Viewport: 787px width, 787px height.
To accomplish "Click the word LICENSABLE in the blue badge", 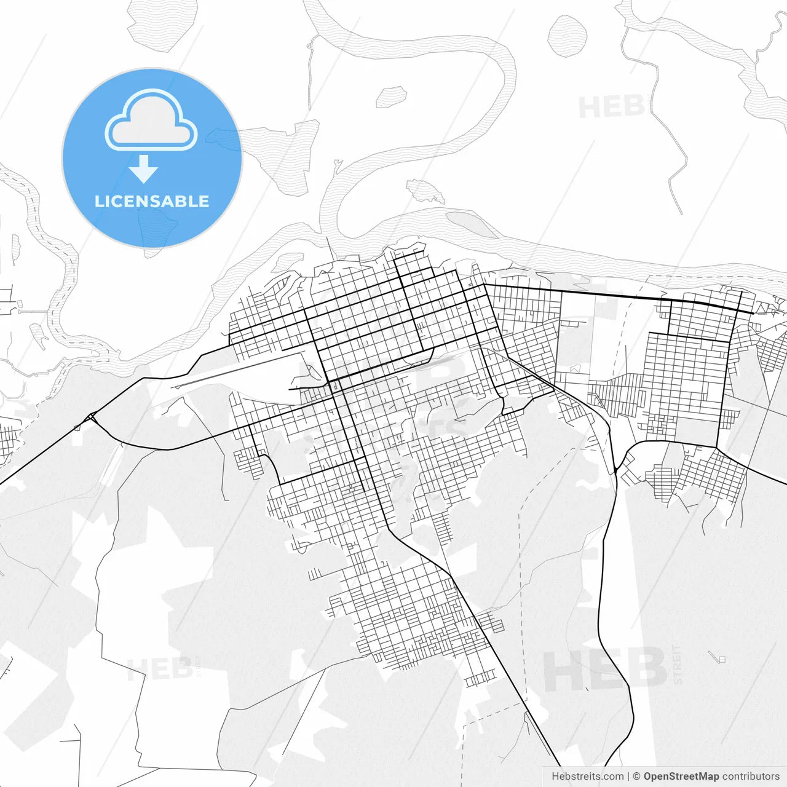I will tap(152, 201).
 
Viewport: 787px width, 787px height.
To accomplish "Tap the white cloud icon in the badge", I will tap(151, 121).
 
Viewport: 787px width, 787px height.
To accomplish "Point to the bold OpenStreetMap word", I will tap(681, 777).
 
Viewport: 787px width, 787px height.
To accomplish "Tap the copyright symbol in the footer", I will tap(637, 777).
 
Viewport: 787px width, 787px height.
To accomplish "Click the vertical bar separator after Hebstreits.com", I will tap(628, 777).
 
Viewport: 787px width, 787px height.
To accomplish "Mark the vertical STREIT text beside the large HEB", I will tap(677, 664).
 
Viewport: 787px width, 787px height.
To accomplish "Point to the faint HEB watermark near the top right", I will tap(611, 108).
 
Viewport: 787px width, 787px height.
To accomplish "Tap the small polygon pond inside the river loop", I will tap(392, 95).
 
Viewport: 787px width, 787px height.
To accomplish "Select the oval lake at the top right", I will tap(567, 36).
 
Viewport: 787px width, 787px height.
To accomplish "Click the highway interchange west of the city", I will tap(91, 417).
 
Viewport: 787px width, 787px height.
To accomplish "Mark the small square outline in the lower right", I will tap(722, 660).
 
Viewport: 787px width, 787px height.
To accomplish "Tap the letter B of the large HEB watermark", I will tap(646, 669).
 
